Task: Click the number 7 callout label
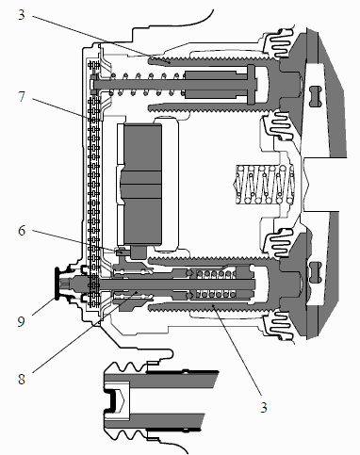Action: tap(21, 97)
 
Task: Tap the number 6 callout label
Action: tap(22, 231)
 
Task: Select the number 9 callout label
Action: tap(21, 321)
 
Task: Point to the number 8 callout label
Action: tap(21, 379)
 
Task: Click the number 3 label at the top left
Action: tap(21, 15)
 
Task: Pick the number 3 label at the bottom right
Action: tap(263, 407)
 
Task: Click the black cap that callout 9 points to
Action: tap(57, 284)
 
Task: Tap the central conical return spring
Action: tap(264, 185)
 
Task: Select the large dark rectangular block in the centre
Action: tap(143, 184)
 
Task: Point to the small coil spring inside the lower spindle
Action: tap(216, 284)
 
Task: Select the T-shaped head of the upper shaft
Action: tap(252, 85)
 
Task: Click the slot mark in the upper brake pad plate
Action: tap(314, 96)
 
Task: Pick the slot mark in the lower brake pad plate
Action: tap(314, 272)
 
